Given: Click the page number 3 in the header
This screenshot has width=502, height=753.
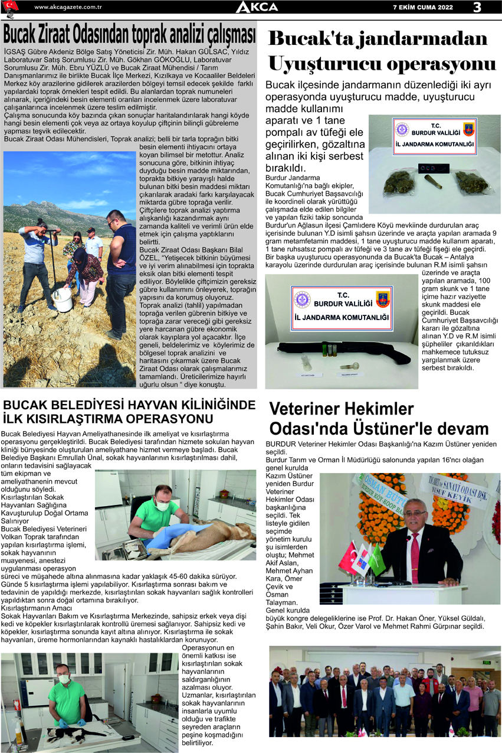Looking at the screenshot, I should click(477, 7).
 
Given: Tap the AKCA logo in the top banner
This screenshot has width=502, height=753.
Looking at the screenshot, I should click(257, 7).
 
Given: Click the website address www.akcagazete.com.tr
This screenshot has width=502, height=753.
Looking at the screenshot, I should click(68, 7).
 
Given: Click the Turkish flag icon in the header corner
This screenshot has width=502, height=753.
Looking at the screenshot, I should click(11, 6).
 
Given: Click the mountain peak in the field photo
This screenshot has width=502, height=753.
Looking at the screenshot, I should click(44, 204).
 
